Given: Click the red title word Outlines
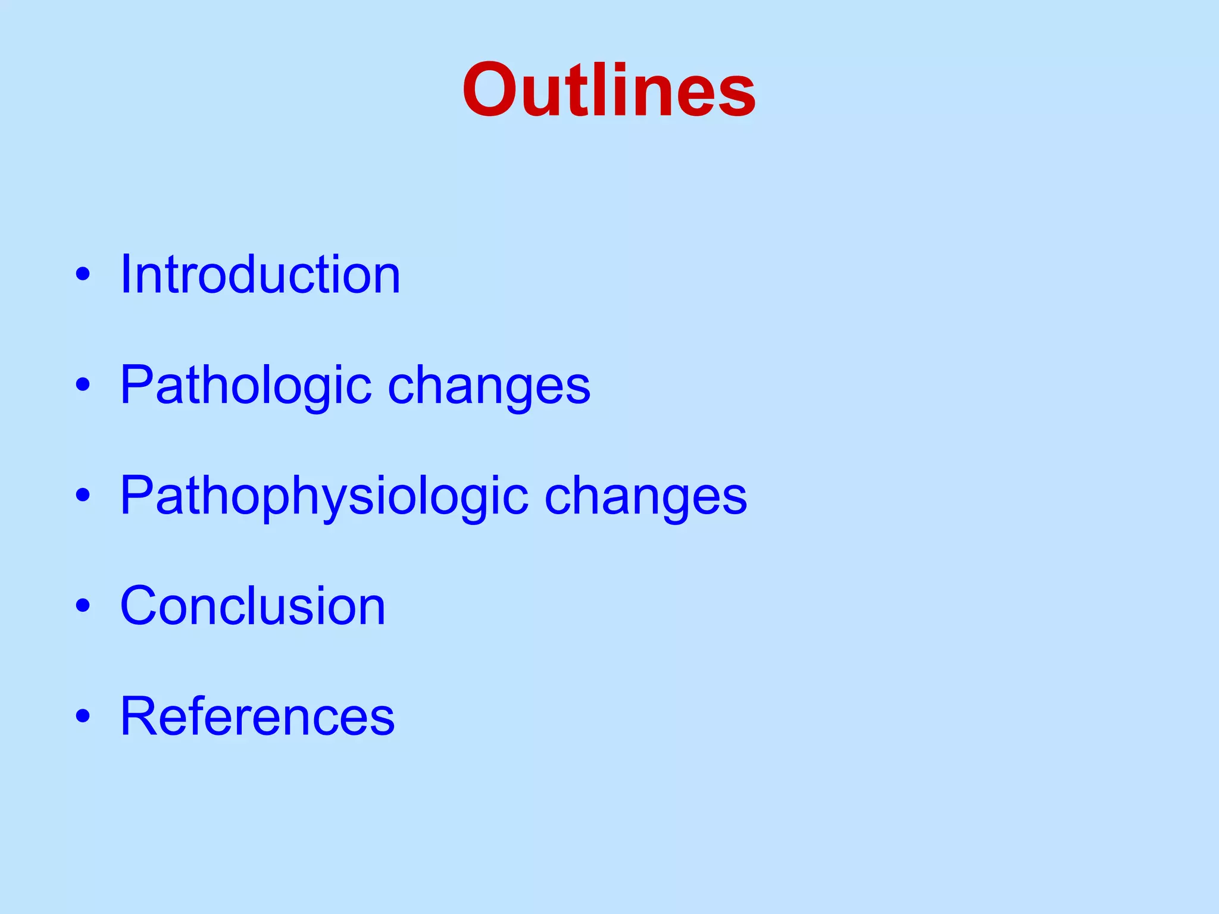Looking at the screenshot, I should (x=609, y=90).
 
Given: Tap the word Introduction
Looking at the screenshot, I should (x=260, y=274).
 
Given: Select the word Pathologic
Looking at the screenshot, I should (x=246, y=386).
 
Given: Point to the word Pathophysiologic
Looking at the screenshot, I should (x=324, y=496).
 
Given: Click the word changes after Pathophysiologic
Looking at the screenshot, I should (x=646, y=496).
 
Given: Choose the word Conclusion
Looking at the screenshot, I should (x=253, y=606).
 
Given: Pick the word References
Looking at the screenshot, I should (x=257, y=716).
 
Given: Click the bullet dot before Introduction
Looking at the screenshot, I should (x=83, y=275).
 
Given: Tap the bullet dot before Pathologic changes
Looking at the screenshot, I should (x=83, y=385).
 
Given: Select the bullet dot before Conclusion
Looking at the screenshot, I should (x=83, y=605).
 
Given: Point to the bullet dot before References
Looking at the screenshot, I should (x=83, y=716).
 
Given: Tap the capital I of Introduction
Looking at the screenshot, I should (x=126, y=274).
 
